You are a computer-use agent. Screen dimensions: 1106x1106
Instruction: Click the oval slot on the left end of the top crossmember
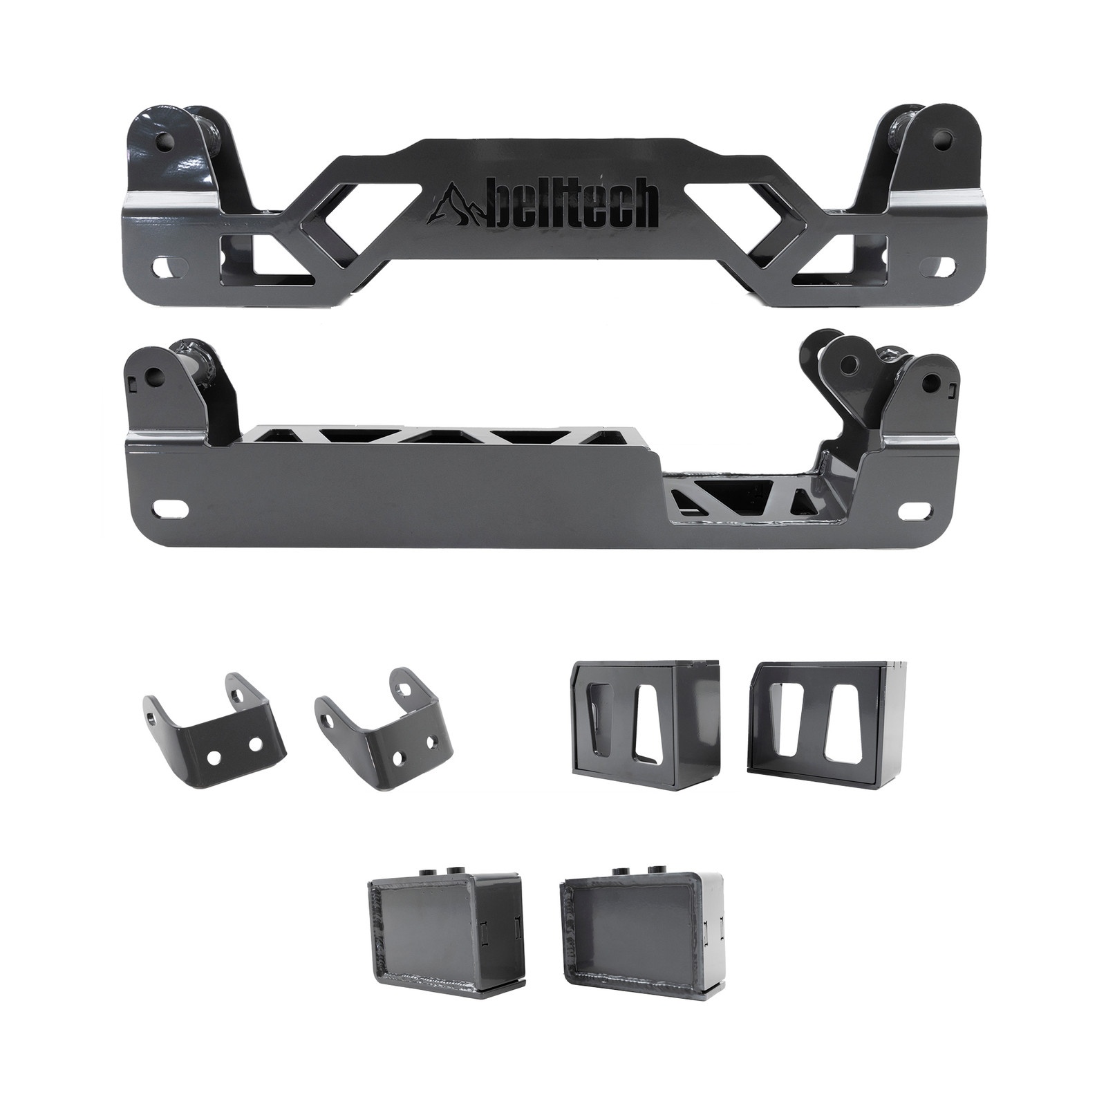[167, 264]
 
